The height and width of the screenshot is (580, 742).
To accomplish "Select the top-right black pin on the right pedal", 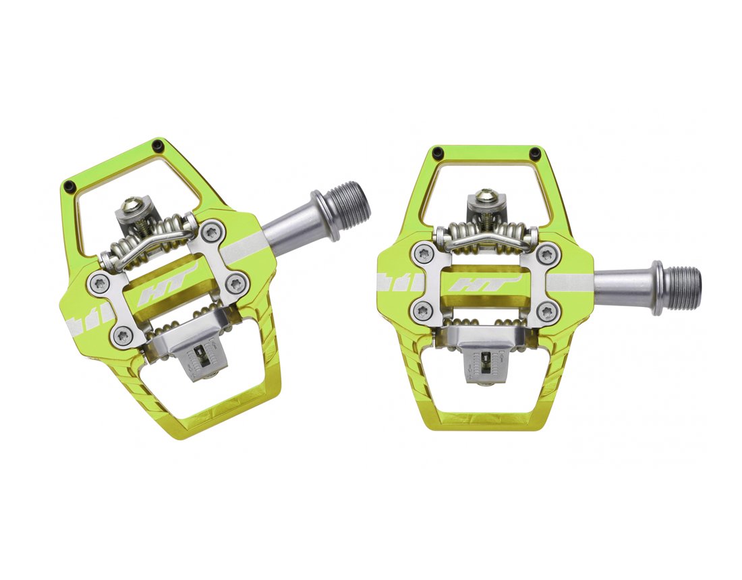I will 535,152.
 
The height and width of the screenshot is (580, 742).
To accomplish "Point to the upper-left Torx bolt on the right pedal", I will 424,254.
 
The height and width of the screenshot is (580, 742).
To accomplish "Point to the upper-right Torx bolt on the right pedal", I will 547,255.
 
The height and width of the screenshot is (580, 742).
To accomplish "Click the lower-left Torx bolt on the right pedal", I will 424,311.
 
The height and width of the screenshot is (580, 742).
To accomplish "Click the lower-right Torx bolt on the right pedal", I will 547,312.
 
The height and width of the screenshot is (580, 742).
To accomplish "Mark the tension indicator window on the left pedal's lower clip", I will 200,355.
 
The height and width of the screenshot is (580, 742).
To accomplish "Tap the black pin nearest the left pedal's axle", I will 158,145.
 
